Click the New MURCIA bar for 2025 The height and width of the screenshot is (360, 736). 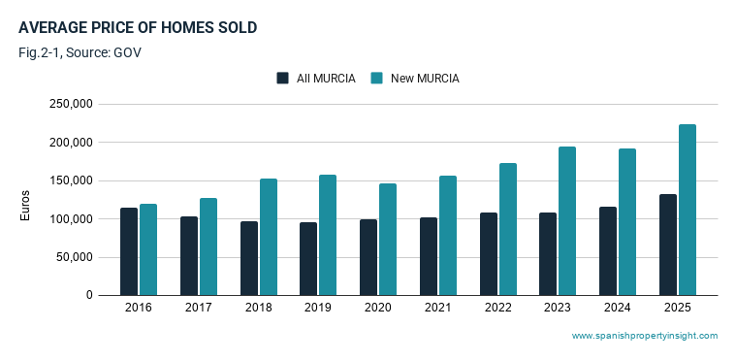pyautogui.click(x=688, y=210)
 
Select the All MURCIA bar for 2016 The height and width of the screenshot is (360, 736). pyautogui.click(x=129, y=251)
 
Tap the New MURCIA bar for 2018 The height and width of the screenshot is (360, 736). pyautogui.click(x=269, y=237)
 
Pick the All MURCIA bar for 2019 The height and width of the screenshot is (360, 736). pyautogui.click(x=308, y=259)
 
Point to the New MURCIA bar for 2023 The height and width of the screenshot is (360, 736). pyautogui.click(x=567, y=221)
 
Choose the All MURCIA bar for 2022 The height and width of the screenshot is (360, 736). pyautogui.click(x=489, y=254)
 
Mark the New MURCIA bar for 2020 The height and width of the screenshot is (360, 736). pyautogui.click(x=388, y=240)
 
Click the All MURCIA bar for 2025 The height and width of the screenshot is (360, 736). pyautogui.click(x=668, y=245)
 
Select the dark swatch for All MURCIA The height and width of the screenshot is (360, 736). pyautogui.click(x=282, y=78)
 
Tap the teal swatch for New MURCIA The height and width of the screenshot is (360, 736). pyautogui.click(x=377, y=78)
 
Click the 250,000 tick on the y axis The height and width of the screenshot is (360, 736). pyautogui.click(x=71, y=104)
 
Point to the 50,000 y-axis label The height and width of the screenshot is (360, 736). pyautogui.click(x=74, y=257)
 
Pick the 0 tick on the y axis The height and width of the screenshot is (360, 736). pyautogui.click(x=89, y=296)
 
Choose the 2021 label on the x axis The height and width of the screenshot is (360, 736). pyautogui.click(x=437, y=308)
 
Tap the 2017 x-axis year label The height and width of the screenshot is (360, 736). pyautogui.click(x=198, y=308)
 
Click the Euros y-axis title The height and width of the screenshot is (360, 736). pyautogui.click(x=25, y=206)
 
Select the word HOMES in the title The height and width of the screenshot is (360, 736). pyautogui.click(x=182, y=28)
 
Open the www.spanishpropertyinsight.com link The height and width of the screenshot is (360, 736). pyautogui.click(x=645, y=336)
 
